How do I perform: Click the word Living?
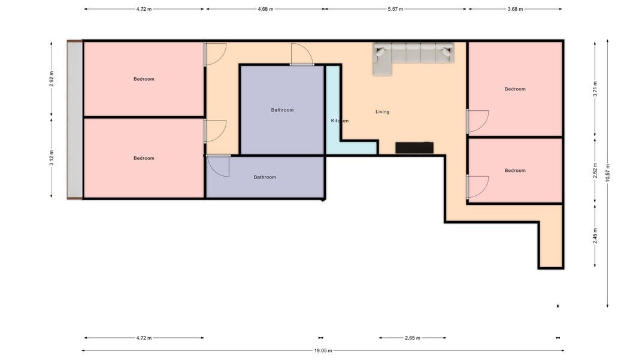coord(382,111)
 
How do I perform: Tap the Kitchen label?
coord(340,120)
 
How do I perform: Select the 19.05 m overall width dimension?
coord(323,350)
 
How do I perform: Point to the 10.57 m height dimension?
coord(607,173)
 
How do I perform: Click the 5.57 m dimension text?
coord(395,9)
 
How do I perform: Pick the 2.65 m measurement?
coord(413,338)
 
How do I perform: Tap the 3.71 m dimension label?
coord(595,89)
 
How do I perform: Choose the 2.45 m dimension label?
coord(595,236)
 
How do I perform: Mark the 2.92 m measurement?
coord(51,79)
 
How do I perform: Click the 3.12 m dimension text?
coord(51,158)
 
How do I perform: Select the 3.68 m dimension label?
coord(515,9)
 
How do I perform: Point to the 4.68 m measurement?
coord(265,9)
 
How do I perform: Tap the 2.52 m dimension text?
coord(595,171)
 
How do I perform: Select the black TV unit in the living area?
coord(414,148)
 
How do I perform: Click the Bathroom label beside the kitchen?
coord(282,110)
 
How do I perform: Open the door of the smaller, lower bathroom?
coord(218,165)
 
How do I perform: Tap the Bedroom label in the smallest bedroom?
coord(515,171)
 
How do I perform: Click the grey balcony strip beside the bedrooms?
coord(75,120)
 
